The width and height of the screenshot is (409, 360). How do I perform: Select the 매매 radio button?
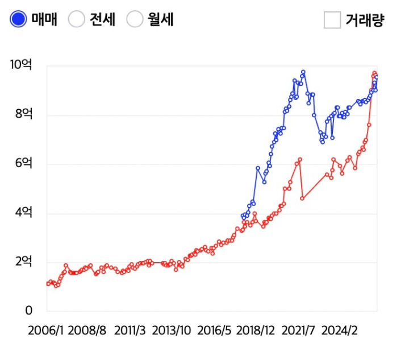pyautogui.click(x=19, y=19)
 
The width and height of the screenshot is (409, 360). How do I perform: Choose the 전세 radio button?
pyautogui.click(x=77, y=19)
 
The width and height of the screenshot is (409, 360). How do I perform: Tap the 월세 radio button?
pyautogui.click(x=135, y=19)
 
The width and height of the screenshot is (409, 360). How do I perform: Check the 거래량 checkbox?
pyautogui.click(x=332, y=20)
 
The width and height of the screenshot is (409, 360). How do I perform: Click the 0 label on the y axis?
pyautogui.click(x=28, y=311)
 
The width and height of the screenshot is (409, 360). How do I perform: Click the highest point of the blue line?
pyautogui.click(x=303, y=72)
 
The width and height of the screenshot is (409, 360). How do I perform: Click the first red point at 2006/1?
pyautogui.click(x=48, y=283)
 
